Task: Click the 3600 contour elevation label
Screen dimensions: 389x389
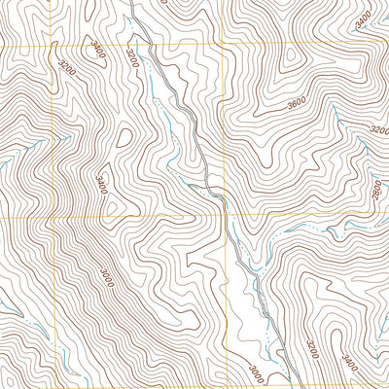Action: click(x=297, y=100)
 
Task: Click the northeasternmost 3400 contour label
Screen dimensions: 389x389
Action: click(x=363, y=17)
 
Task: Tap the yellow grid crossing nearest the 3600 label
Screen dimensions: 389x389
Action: click(x=224, y=44)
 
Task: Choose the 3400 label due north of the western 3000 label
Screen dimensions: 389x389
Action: click(x=102, y=181)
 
